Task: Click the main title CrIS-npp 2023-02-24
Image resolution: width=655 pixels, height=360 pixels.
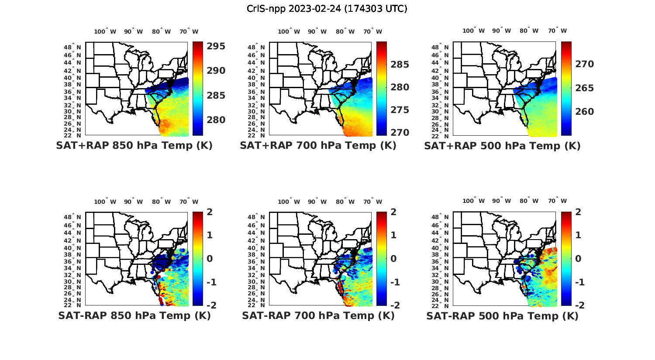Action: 327,9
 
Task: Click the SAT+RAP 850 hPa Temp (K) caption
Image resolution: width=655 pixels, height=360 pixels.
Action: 134,145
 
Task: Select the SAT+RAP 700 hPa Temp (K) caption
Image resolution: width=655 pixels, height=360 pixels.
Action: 318,145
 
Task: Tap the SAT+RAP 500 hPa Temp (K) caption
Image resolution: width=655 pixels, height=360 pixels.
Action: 502,145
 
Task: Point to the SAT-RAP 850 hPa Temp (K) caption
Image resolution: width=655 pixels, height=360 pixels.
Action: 134,315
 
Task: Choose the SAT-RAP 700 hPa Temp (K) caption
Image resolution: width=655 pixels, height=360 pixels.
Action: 318,315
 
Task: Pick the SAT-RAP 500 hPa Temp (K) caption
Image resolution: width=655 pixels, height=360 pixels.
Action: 502,315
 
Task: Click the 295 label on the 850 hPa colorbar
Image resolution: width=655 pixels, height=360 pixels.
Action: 215,46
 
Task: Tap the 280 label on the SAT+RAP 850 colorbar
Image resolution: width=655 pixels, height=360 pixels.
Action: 215,120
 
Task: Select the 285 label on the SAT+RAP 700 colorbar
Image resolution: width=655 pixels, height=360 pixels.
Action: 400,65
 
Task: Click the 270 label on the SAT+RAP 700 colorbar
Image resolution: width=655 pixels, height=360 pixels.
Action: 400,132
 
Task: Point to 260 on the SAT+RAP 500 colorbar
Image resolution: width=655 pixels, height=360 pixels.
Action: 584,112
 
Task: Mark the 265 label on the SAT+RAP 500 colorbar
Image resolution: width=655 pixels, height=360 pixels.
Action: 584,88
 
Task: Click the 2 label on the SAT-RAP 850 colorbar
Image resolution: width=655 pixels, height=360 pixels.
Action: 210,213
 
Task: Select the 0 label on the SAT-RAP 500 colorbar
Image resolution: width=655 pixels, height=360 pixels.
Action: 578,258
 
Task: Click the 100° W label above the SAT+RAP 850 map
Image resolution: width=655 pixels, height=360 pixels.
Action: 105,31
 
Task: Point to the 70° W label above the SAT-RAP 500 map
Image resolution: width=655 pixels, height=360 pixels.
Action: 557,201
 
